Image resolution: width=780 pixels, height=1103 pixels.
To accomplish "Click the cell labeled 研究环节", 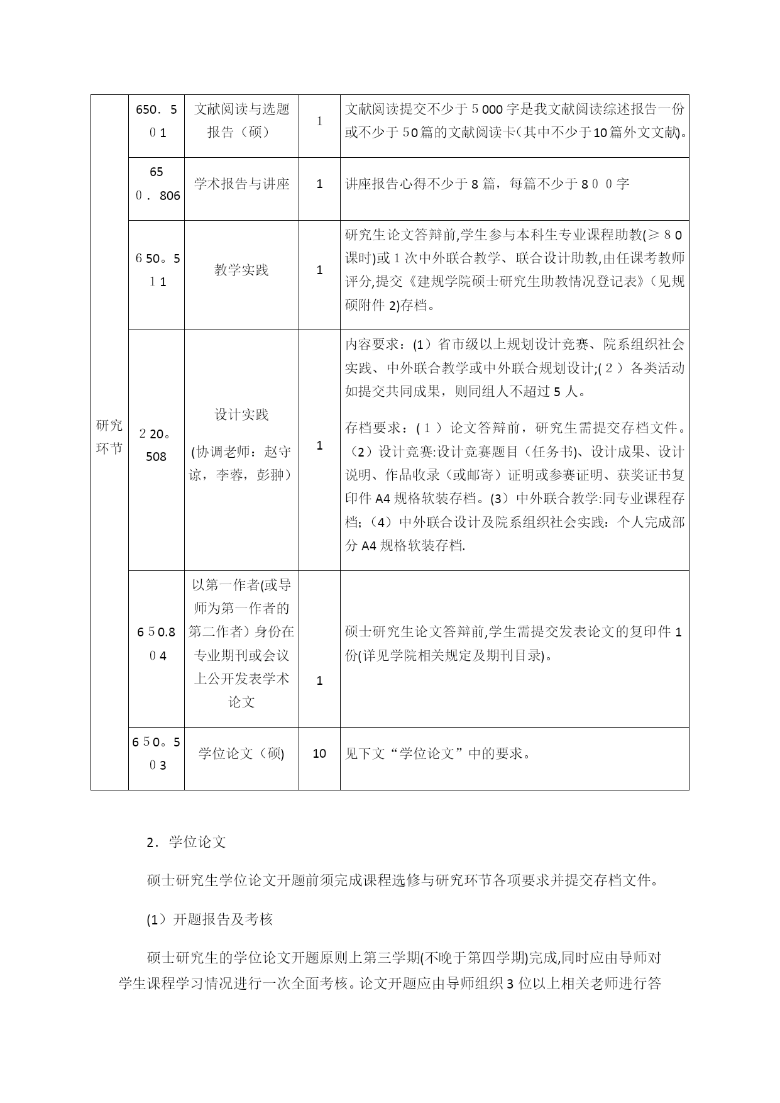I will coord(109,437).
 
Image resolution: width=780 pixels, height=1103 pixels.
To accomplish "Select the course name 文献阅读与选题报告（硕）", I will coord(241,121).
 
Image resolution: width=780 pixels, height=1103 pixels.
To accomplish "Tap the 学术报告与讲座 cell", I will coord(241,184).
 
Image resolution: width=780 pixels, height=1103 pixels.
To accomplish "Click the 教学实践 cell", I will coord(241,270).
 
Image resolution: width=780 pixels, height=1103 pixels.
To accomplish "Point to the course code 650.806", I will coord(157,184).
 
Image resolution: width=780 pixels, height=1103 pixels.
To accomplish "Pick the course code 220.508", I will coord(156,445).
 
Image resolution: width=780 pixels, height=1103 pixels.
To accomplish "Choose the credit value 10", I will coord(319,753).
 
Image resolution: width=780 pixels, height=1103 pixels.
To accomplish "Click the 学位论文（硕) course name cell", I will coord(241,753).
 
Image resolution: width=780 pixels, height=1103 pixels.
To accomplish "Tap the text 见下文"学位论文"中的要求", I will coord(437,753).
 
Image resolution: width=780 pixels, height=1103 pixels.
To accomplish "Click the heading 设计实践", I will coord(241,415).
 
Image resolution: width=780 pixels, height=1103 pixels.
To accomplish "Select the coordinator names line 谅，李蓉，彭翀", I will coord(241,475).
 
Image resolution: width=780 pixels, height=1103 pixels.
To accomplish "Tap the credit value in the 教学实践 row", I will coord(319,270).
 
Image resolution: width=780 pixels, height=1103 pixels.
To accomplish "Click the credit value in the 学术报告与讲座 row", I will coord(319,184).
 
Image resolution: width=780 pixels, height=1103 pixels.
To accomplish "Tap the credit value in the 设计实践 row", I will coord(319,446).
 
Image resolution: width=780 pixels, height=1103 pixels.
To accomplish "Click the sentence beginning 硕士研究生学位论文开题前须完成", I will coord(402,881).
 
